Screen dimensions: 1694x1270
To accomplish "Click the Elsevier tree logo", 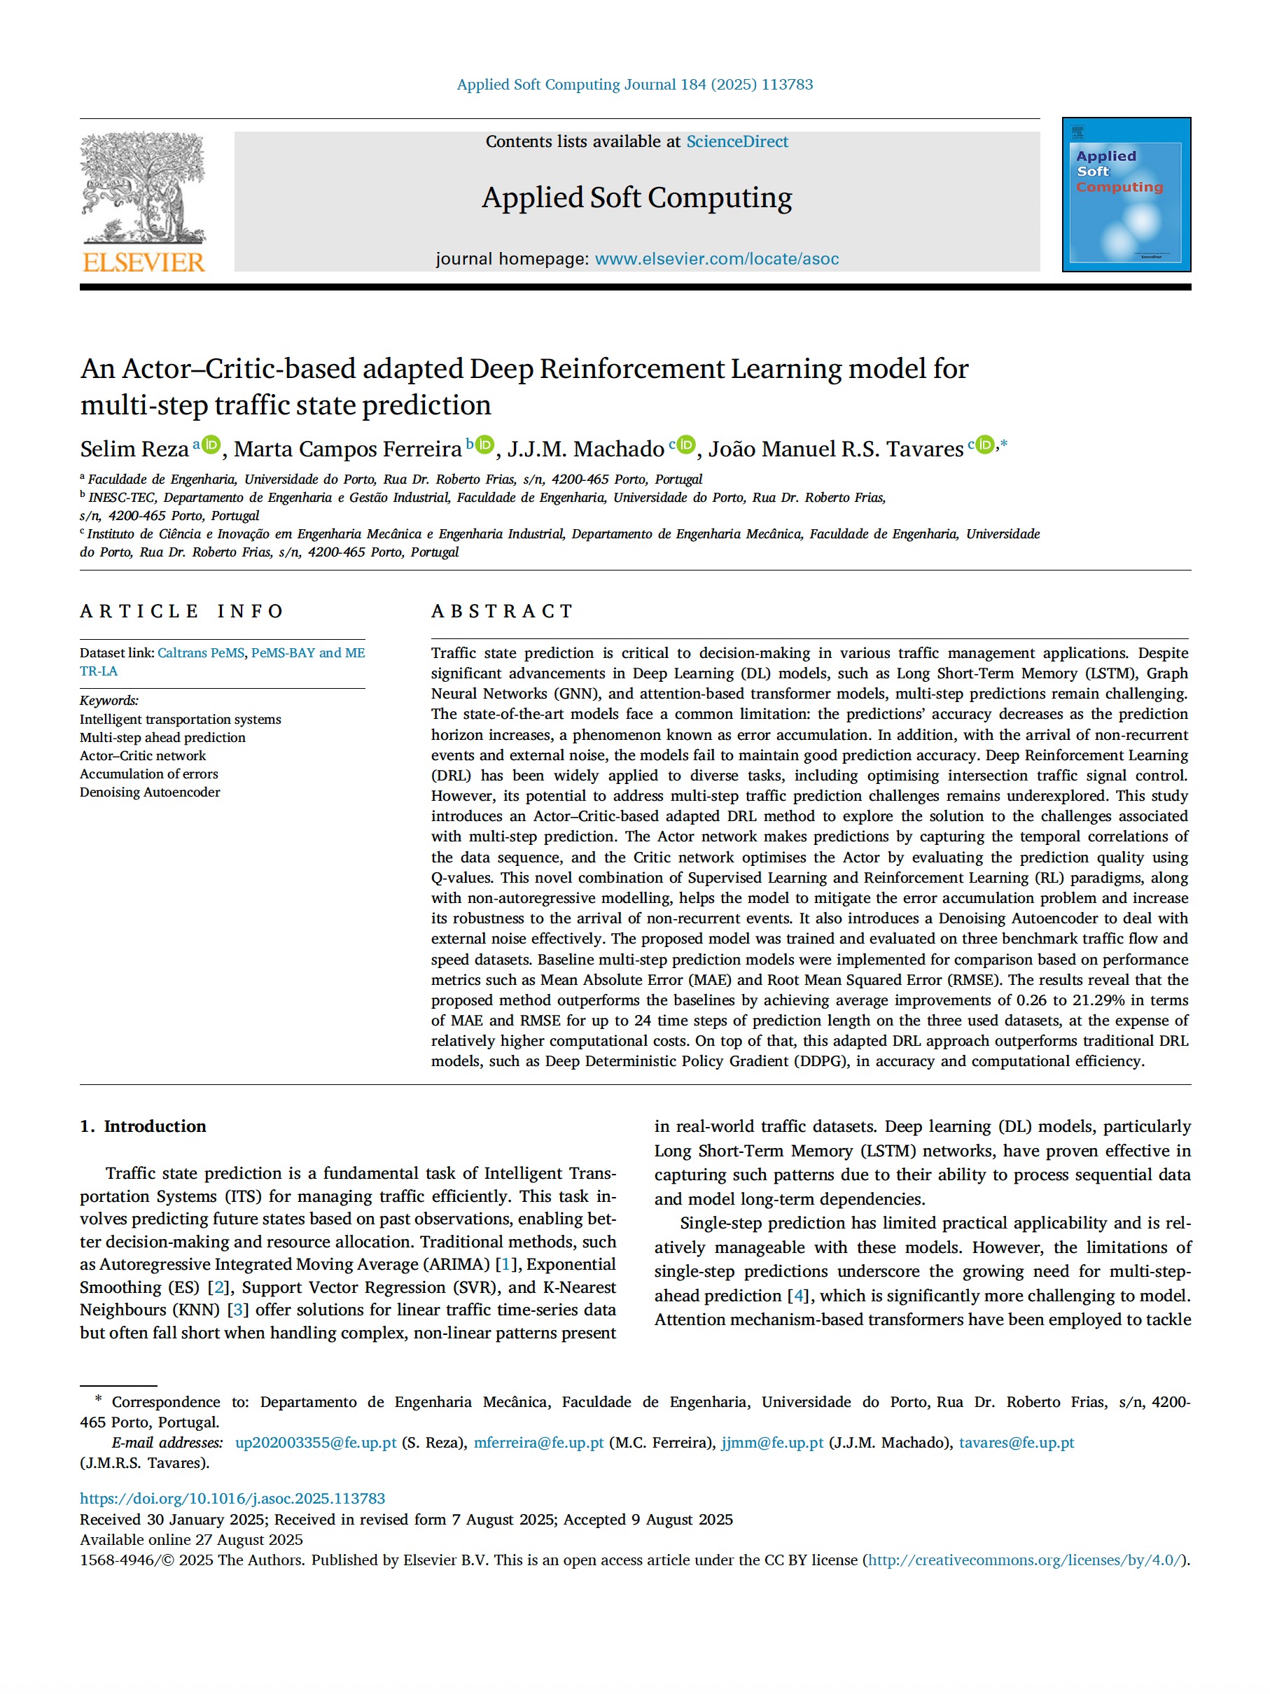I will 144,188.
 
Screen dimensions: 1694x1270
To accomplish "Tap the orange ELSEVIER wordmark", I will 144,262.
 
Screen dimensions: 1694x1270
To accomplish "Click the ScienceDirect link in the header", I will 737,141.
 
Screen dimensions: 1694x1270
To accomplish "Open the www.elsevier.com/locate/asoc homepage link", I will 716,259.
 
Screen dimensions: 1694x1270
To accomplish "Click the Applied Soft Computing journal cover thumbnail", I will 1125,195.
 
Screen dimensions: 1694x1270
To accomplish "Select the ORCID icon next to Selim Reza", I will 211,445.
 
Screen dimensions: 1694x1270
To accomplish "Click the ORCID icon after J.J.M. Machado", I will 686,445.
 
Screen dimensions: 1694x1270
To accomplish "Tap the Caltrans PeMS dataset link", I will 201,652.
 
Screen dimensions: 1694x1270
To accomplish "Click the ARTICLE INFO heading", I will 181,611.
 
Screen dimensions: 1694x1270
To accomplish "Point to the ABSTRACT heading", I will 502,611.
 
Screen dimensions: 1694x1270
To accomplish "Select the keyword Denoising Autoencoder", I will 149,792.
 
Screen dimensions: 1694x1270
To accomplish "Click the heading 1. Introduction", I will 144,1126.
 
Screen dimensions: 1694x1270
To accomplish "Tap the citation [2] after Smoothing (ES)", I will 219,1287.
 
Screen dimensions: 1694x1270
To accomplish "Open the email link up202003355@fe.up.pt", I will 316,1442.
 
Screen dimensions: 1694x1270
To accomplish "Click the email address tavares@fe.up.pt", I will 1017,1442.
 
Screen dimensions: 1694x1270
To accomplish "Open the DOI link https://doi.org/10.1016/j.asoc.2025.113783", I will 232,1498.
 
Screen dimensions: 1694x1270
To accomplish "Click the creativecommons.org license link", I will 1026,1559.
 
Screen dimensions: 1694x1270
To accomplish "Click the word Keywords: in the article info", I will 109,700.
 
